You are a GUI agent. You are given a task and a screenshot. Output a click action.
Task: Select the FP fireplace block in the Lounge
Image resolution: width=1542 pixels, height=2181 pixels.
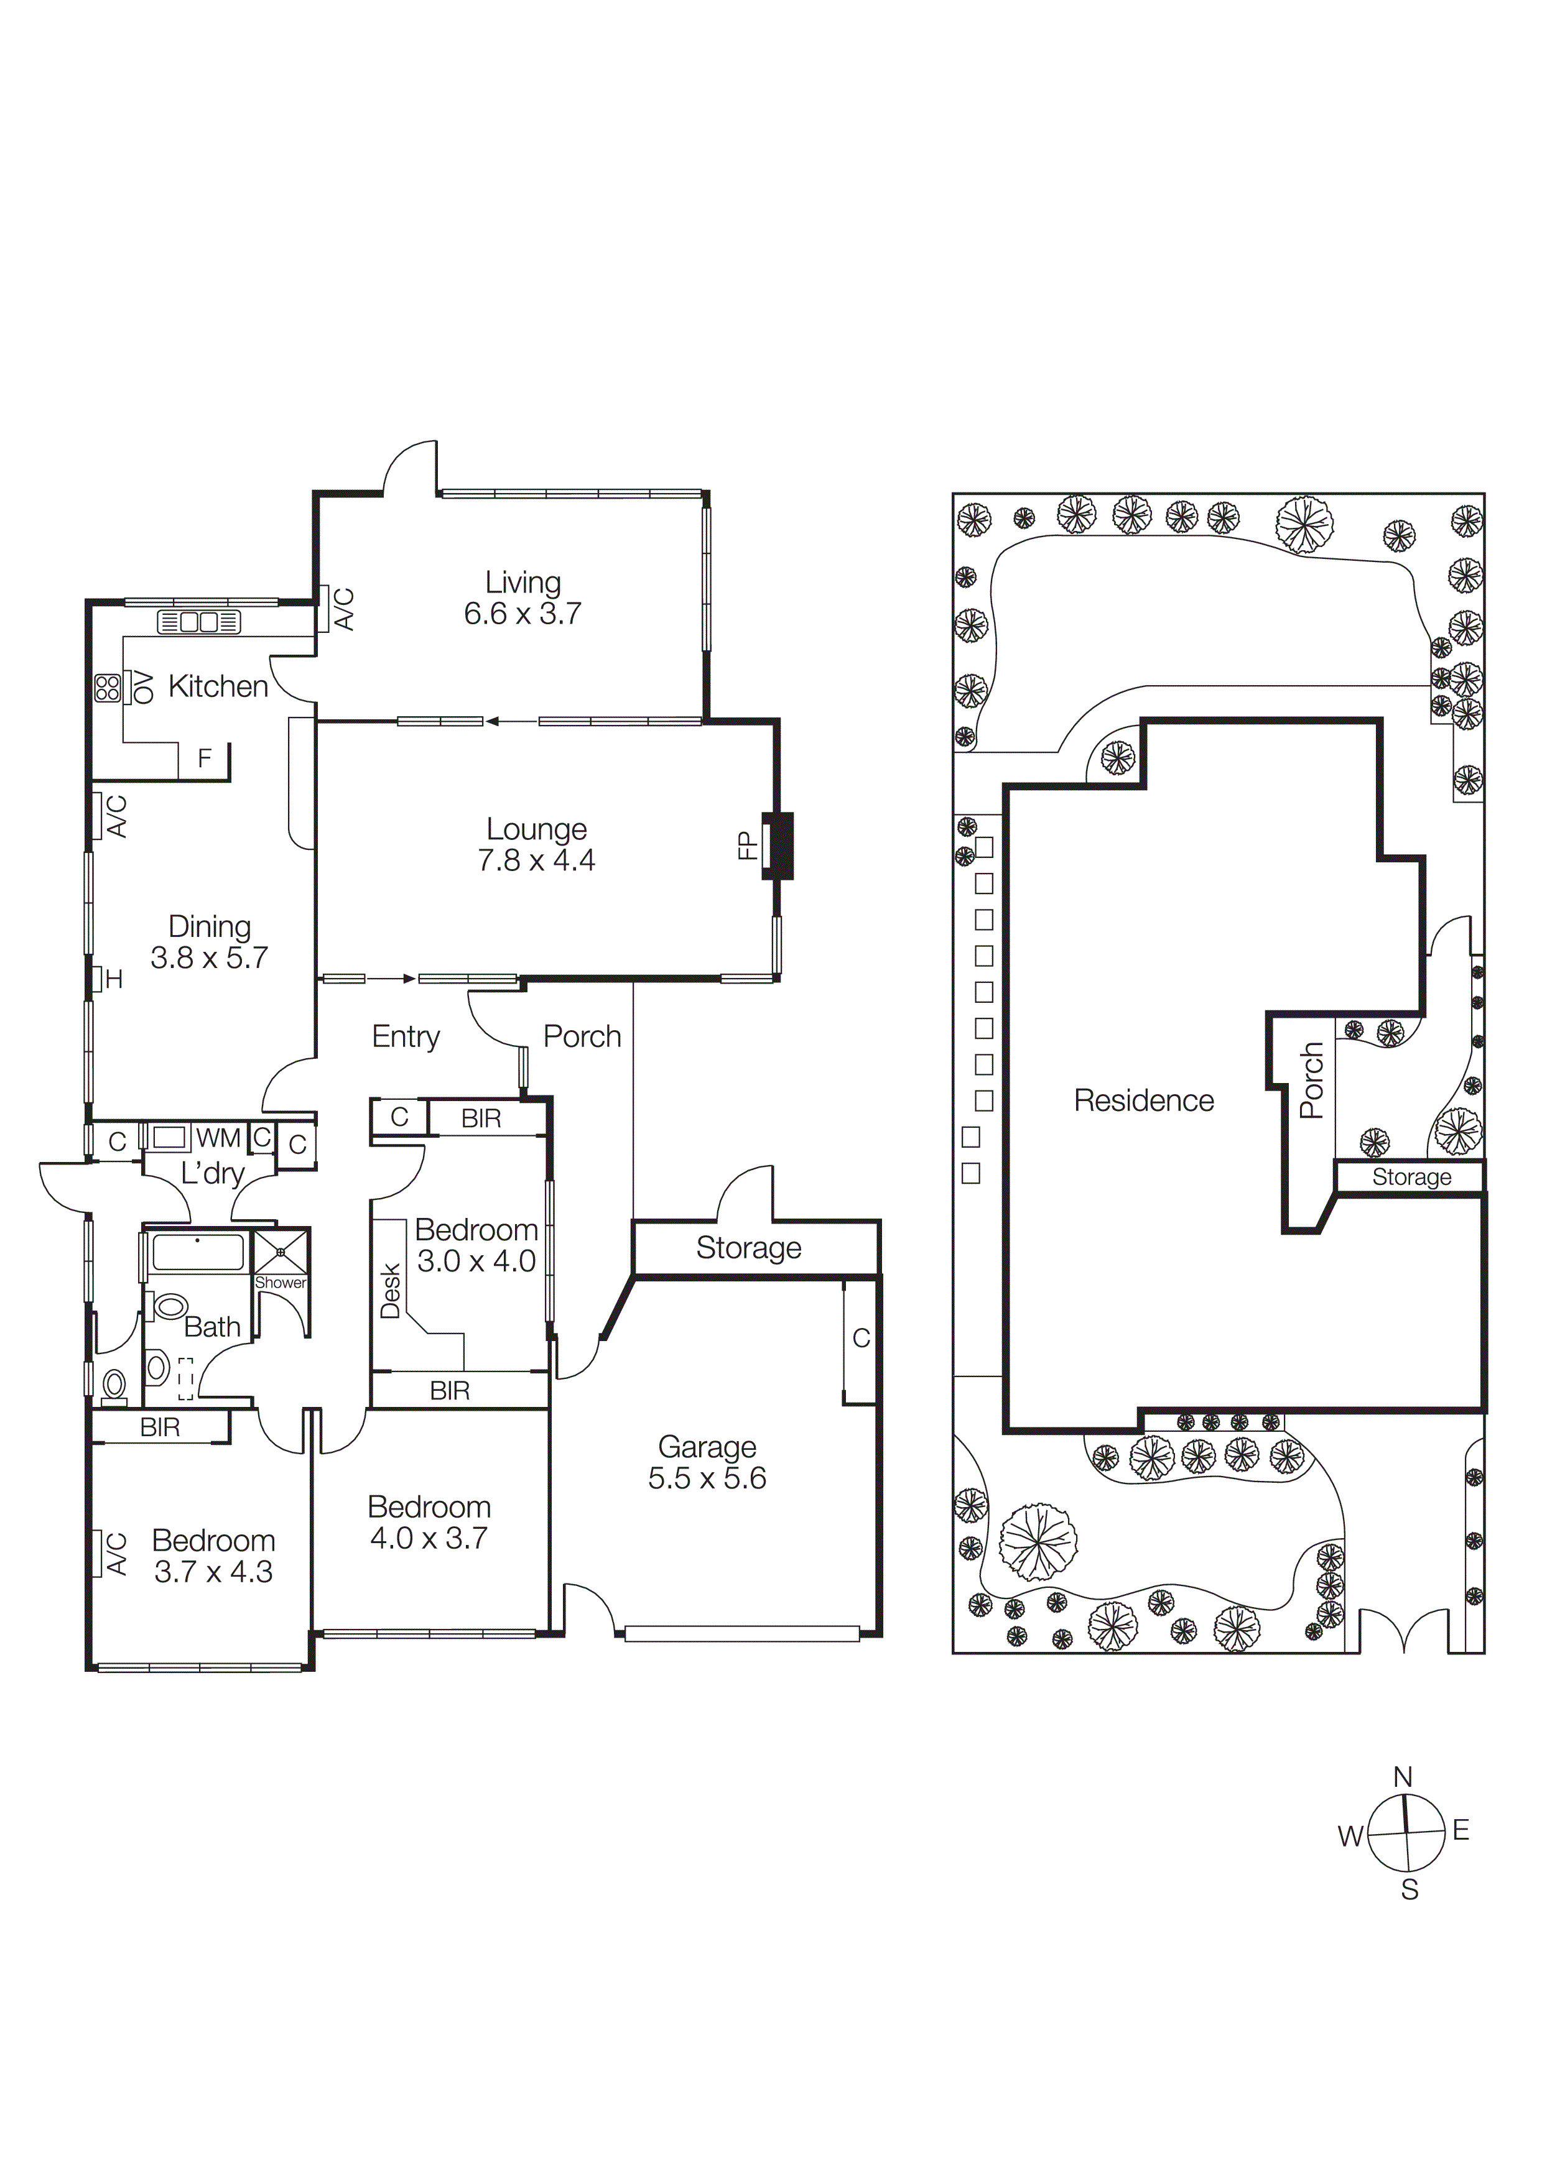coord(779,846)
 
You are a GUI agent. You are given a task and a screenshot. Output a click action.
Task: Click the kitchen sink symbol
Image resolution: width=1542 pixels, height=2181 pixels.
coord(198,622)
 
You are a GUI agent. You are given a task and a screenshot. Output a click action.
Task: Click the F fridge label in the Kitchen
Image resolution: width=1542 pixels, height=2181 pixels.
coord(204,758)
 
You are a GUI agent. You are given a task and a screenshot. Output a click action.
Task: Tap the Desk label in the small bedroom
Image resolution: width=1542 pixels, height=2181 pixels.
coord(389,1290)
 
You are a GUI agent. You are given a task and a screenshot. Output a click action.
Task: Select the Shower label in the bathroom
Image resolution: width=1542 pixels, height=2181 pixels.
coord(281,1283)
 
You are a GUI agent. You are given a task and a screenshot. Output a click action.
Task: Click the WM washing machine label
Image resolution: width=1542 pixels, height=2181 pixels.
coord(218,1137)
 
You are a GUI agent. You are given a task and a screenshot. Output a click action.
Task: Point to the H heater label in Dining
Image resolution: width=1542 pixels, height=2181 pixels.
coord(114,979)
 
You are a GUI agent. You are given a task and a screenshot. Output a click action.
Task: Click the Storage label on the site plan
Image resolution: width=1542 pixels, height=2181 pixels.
coord(1411,1177)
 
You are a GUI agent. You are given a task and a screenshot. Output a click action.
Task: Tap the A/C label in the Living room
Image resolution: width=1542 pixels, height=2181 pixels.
coord(345,609)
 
